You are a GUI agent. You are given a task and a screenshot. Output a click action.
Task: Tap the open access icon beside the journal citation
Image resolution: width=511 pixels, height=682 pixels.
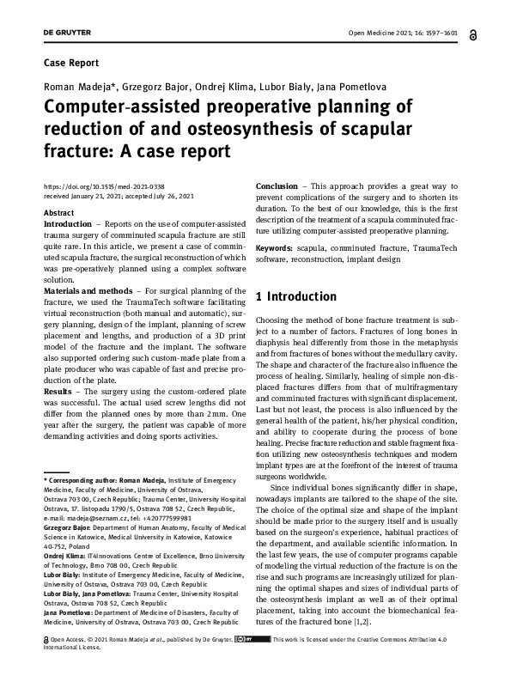[x=474, y=34]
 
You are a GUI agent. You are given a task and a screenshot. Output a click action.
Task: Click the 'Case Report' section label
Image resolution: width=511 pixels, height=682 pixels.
[x=70, y=63]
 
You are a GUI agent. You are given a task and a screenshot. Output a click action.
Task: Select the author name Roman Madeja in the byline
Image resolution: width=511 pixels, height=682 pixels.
[x=72, y=86]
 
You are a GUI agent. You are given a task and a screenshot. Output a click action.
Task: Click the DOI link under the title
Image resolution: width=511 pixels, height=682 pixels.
[x=103, y=186]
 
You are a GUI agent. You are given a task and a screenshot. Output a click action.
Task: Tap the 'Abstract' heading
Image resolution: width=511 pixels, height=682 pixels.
[x=58, y=212]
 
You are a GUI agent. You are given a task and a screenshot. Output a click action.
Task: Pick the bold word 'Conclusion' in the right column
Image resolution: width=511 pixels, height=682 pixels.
[x=277, y=186]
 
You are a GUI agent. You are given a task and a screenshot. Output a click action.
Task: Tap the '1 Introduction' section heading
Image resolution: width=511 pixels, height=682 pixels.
[x=296, y=297]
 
